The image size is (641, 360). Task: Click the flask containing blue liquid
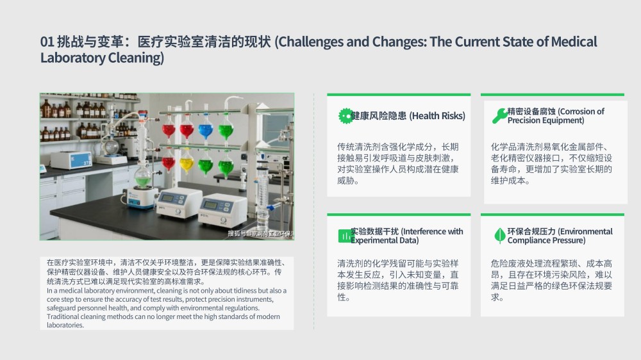206,131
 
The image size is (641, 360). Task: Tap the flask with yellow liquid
187,163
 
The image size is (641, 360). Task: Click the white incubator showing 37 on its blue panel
72,160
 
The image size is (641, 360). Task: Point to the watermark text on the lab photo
261,234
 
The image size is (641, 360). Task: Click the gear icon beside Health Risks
345,116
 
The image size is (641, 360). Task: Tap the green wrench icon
499,116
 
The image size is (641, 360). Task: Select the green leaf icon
499,236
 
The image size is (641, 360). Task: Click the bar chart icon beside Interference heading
345,236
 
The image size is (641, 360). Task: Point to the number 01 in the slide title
47,42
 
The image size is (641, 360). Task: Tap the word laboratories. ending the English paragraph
65,325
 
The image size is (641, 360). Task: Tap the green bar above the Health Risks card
399,95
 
